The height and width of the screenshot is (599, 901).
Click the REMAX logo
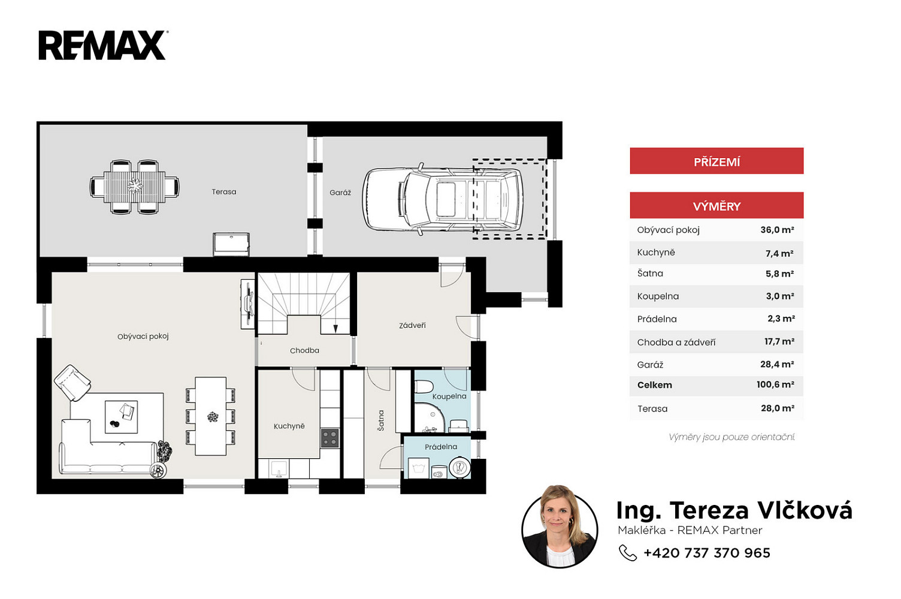click(x=102, y=45)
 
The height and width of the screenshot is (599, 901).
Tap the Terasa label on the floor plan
click(x=224, y=192)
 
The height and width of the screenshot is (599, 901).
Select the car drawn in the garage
click(x=443, y=199)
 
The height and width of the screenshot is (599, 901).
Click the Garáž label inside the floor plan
click(x=340, y=193)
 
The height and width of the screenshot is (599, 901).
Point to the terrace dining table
click(x=134, y=187)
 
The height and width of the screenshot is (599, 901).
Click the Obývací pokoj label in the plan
click(x=143, y=336)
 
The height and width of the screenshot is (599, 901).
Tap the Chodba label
click(x=304, y=350)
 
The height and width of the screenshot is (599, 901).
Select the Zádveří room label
click(x=412, y=325)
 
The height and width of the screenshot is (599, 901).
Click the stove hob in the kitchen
click(x=330, y=438)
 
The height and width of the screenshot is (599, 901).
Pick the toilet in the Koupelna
click(x=423, y=388)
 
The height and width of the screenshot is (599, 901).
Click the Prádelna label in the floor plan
click(x=441, y=447)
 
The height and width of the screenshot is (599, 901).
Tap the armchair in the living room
click(x=72, y=383)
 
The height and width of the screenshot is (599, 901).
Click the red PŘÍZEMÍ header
click(x=716, y=161)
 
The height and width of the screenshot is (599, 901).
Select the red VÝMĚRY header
click(x=716, y=205)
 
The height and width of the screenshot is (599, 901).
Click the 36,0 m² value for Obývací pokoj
click(x=777, y=229)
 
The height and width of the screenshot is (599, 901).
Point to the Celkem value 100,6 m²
click(x=775, y=384)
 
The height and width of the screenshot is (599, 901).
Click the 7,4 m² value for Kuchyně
click(x=779, y=253)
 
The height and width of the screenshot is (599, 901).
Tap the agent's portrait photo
click(x=560, y=527)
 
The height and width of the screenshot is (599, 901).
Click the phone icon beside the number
click(x=627, y=553)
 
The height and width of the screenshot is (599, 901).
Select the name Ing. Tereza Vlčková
click(x=734, y=510)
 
